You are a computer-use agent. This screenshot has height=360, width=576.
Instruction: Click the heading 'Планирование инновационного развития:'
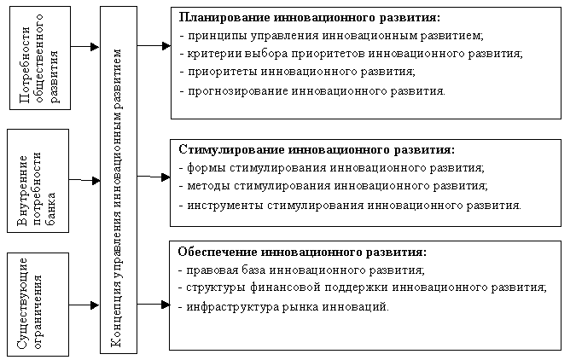click(309, 18)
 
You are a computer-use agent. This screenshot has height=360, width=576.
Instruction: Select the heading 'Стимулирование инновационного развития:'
click(317, 150)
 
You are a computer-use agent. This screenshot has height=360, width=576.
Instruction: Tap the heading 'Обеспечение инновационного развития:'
click(302, 253)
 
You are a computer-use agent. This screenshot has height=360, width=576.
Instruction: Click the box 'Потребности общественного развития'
click(40, 58)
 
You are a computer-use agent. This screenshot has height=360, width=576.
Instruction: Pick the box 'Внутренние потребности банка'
click(38, 181)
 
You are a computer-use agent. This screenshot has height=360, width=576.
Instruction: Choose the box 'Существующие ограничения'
click(38, 305)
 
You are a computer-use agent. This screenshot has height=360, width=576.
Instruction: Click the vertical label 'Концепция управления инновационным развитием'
click(117, 199)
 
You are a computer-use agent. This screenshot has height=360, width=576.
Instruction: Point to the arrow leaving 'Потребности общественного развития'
click(84, 47)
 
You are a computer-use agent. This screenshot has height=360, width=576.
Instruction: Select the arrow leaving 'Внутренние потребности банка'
click(84, 180)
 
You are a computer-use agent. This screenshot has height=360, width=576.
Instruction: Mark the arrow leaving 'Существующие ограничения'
click(84, 305)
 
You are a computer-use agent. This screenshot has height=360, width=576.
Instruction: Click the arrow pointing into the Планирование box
click(154, 46)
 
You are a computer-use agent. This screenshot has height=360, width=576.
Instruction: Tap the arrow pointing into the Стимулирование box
click(154, 177)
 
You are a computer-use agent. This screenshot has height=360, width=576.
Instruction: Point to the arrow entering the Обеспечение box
click(154, 305)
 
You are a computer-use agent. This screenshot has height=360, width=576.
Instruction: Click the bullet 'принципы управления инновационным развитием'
click(335, 36)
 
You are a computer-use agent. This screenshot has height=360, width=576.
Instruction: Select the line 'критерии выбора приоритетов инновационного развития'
click(354, 54)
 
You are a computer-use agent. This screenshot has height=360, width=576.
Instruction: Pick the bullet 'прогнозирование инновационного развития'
click(316, 91)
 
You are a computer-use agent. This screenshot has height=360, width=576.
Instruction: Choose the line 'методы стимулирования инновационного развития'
click(336, 186)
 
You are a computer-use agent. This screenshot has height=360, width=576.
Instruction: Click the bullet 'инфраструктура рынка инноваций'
click(287, 307)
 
